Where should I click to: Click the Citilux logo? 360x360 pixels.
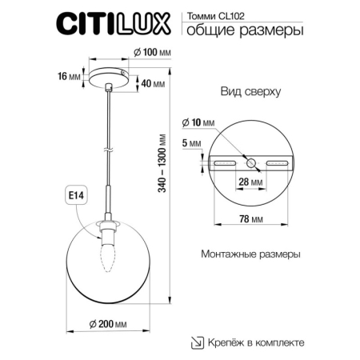(x=111, y=24)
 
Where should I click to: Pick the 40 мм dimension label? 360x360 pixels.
(x=153, y=84)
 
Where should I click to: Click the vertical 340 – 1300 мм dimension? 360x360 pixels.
(x=186, y=181)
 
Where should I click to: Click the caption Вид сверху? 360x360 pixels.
(x=250, y=91)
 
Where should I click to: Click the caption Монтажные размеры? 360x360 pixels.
(x=250, y=254)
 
